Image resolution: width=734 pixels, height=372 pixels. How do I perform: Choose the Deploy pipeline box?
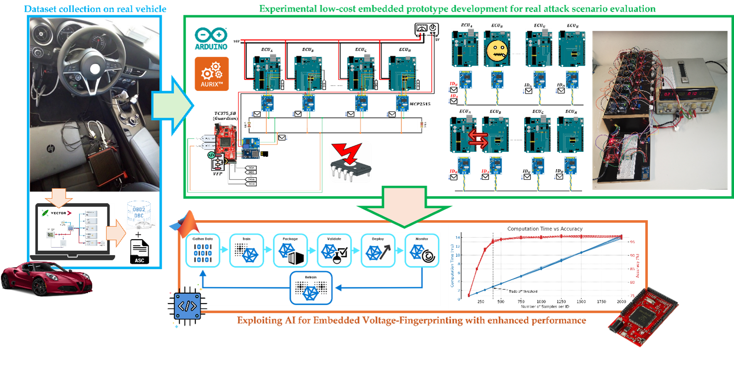[x=377, y=250]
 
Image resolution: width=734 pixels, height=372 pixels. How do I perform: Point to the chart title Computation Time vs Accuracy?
[x=545, y=229]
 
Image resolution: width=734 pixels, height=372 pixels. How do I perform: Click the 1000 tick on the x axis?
[x=541, y=302]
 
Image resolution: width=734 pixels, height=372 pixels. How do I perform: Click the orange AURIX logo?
[x=211, y=73]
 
